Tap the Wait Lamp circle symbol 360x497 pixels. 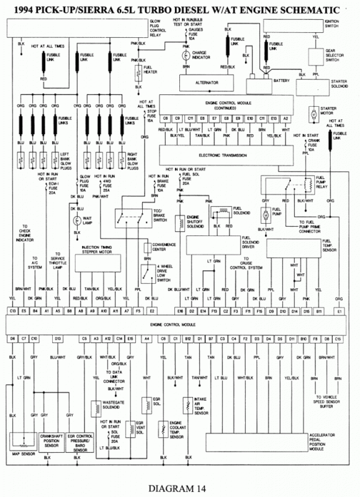tap(78, 221)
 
